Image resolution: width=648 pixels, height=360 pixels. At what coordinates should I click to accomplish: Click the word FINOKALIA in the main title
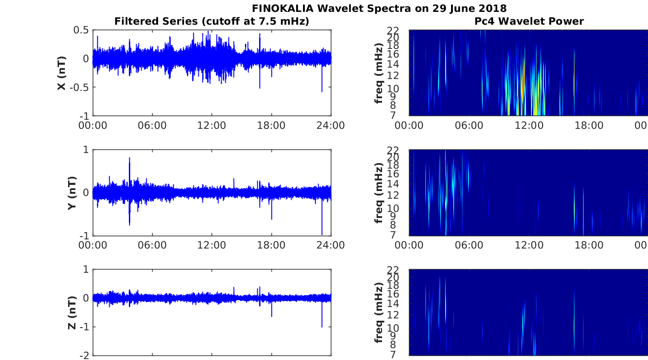pyautogui.click(x=282, y=8)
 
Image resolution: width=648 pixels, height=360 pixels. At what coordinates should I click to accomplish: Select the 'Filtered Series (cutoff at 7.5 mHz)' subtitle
pyautogui.click(x=212, y=21)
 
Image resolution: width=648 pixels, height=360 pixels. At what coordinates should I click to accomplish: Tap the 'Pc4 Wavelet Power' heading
pyautogui.click(x=529, y=21)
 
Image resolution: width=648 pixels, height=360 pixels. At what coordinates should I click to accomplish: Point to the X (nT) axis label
pyautogui.click(x=62, y=73)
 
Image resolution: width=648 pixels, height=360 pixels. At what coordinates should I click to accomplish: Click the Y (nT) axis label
pyautogui.click(x=72, y=193)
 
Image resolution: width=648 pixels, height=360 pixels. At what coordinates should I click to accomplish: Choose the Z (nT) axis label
pyautogui.click(x=72, y=312)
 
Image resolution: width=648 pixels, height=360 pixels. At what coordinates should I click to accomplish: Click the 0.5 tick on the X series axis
pyautogui.click(x=81, y=30)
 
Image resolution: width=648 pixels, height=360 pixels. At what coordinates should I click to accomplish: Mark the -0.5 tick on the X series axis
pyautogui.click(x=79, y=87)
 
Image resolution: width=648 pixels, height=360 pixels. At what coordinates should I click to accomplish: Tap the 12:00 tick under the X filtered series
pyautogui.click(x=212, y=125)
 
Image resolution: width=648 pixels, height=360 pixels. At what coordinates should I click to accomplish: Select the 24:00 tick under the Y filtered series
pyautogui.click(x=330, y=245)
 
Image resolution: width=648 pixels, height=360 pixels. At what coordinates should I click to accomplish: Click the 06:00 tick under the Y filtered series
pyautogui.click(x=152, y=245)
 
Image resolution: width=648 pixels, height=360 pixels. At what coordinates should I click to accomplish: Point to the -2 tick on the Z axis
pyautogui.click(x=85, y=355)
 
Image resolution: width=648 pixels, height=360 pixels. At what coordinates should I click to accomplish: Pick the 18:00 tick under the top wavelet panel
pyautogui.click(x=589, y=125)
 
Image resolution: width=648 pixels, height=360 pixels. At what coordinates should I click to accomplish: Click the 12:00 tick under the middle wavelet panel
pyautogui.click(x=529, y=245)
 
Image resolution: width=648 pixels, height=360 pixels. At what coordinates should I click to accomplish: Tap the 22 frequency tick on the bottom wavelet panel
pyautogui.click(x=393, y=270)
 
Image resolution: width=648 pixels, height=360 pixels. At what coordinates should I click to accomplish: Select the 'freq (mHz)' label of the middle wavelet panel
pyautogui.click(x=378, y=193)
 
